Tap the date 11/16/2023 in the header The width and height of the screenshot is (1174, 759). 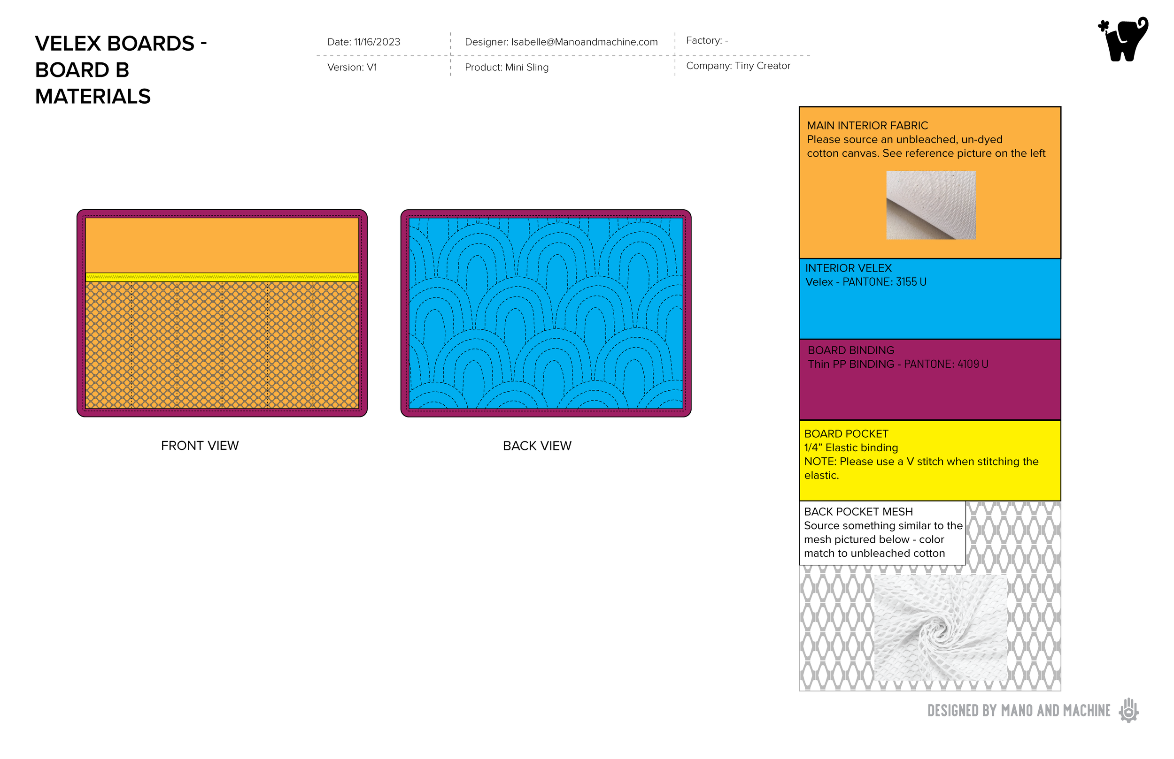[x=377, y=42]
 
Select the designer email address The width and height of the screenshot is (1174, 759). [x=584, y=42]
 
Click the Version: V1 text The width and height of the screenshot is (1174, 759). [x=352, y=68]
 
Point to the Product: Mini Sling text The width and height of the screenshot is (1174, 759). [x=506, y=68]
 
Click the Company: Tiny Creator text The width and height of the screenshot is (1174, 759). [x=738, y=66]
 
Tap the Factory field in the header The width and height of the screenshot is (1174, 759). [x=706, y=41]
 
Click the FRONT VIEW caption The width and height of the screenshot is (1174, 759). [x=200, y=446]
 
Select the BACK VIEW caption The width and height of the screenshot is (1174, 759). [x=537, y=446]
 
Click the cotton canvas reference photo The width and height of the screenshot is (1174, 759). [x=930, y=205]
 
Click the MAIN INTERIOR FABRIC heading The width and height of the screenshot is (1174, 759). [x=867, y=126]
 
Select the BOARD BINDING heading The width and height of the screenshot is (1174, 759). [x=850, y=350]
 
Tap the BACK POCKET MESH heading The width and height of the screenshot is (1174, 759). [x=858, y=512]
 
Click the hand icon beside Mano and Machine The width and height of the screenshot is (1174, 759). [x=1128, y=710]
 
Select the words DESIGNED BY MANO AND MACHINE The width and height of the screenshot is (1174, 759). [x=1019, y=711]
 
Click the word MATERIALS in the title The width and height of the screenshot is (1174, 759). [x=93, y=97]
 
